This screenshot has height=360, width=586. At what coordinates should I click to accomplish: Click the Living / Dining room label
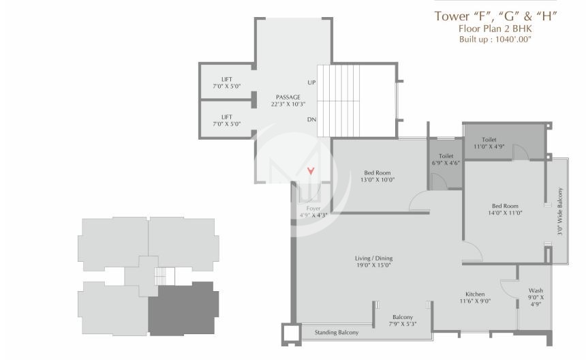[x=373, y=258]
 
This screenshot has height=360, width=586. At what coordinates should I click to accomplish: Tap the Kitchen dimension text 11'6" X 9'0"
[x=475, y=301]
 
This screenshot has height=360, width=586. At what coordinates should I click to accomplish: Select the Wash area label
[x=536, y=290]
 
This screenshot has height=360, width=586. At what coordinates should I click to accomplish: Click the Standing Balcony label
[x=336, y=333]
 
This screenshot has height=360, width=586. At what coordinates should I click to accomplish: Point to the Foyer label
[x=313, y=208]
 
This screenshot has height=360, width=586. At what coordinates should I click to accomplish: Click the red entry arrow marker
[x=311, y=171]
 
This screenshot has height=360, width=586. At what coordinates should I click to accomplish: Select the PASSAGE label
[x=288, y=97]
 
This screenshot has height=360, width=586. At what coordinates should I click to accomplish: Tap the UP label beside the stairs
[x=311, y=82]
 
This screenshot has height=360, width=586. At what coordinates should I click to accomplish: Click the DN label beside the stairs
[x=311, y=120]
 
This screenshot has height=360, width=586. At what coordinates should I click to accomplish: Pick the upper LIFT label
[x=226, y=79]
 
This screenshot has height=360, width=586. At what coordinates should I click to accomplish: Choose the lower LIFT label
[x=226, y=117]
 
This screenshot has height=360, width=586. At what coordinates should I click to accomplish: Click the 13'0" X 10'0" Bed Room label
[x=377, y=172]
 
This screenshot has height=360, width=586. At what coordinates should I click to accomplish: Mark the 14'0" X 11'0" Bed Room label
[x=505, y=206]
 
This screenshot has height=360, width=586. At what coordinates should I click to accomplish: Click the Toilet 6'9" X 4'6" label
[x=446, y=156]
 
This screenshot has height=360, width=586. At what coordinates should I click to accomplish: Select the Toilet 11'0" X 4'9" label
[x=489, y=139]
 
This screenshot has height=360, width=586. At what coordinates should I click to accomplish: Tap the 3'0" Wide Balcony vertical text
[x=560, y=211]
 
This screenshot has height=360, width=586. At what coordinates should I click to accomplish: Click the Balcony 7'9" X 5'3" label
[x=403, y=317]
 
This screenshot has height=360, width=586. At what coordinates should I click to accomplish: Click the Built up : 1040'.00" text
[x=495, y=40]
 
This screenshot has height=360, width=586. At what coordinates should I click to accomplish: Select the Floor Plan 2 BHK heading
[x=495, y=29]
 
